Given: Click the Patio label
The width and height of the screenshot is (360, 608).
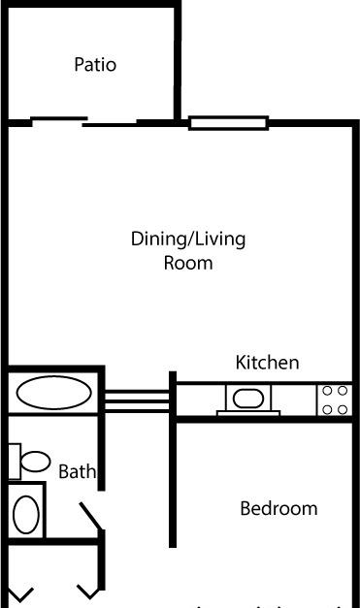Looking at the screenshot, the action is (95, 64).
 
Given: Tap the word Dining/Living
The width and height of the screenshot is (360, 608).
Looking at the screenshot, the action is (188, 240).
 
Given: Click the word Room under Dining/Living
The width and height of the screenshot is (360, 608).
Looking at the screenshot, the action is (188, 263).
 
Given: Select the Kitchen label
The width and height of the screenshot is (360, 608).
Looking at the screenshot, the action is (267, 363).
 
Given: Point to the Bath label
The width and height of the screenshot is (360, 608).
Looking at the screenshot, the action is (77, 471).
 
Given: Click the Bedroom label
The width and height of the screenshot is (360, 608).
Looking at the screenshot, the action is (278, 508).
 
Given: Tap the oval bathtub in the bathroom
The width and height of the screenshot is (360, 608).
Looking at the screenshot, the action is (54, 393).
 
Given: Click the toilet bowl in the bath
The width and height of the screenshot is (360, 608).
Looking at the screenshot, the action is (35, 462).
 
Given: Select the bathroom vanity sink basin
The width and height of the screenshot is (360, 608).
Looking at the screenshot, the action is (26, 515).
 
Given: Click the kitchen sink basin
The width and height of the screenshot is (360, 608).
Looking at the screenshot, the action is (248, 399).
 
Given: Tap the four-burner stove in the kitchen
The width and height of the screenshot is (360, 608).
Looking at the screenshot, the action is (335, 400).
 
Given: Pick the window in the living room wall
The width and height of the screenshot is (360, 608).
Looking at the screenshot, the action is (228, 123).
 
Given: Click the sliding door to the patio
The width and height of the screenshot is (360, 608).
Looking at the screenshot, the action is (83, 122).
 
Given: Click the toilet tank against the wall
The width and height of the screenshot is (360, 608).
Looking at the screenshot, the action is (15, 462).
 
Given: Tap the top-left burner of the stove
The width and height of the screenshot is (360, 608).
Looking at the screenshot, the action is (327, 391).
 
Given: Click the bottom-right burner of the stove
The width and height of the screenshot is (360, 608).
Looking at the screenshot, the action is (343, 409).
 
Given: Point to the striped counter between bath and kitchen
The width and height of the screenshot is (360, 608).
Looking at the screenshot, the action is (137, 401).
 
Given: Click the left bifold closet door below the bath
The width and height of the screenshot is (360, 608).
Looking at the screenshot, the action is (20, 593).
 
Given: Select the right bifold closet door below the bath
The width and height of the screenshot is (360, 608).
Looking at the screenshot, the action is (89, 592).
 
